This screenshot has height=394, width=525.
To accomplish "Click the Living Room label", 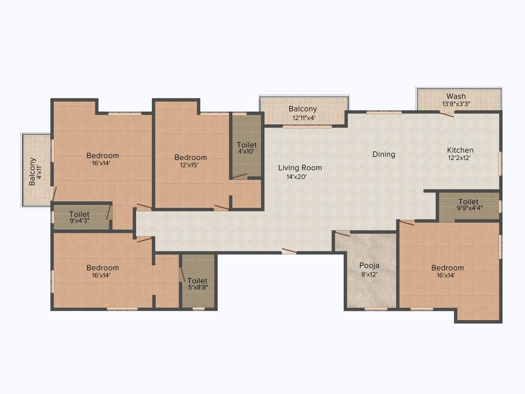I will coord(300,168).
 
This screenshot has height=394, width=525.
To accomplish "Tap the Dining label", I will coord(383,154).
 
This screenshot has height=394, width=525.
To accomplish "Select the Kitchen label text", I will coord(460,150).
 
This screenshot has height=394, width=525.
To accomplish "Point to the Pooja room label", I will coord(369,266).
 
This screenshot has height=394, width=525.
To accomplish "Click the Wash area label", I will coord(456,96).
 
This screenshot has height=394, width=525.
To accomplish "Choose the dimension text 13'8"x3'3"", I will coord(456,104).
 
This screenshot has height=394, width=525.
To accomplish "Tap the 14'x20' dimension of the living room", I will coord(296,176).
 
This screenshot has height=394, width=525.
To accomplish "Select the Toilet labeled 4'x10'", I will coord(247,145).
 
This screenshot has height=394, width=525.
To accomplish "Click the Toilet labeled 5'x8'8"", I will coord(197,281).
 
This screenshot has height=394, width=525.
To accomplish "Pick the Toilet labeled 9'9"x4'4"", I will coord(469,202).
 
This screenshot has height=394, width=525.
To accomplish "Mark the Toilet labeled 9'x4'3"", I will coord(79,214).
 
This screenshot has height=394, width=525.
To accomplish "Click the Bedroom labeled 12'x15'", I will coord(191,157).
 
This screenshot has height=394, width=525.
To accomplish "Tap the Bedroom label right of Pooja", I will coord(447,268).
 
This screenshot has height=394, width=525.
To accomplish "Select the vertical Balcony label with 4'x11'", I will coord(32,171).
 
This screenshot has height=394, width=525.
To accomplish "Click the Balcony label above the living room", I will coord(302,109).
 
